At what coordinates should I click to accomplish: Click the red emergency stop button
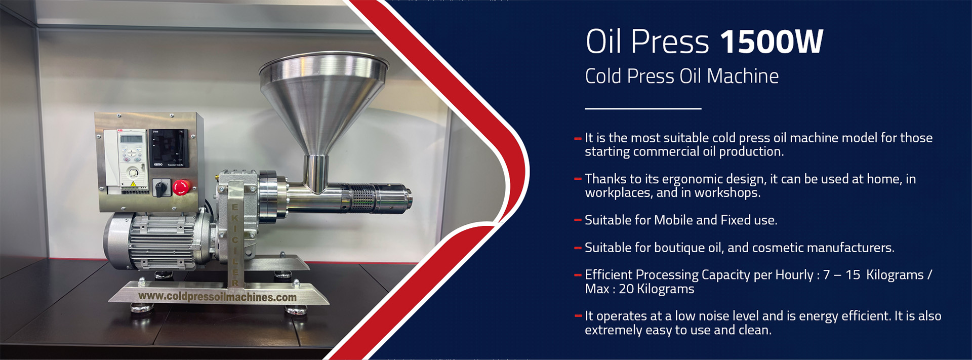pyautogui.click(x=181, y=187)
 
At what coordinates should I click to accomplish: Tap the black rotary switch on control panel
pyautogui.click(x=160, y=189)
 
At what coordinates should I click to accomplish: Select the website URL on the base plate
pyautogui.click(x=217, y=297)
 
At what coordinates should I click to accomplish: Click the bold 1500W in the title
pyautogui.click(x=771, y=42)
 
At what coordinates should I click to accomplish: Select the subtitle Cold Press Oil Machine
pyautogui.click(x=681, y=76)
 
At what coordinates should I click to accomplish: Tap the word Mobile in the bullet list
pyautogui.click(x=673, y=220)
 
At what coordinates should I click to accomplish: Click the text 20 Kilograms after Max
pyautogui.click(x=657, y=289)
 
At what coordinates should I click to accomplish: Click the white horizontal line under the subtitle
pyautogui.click(x=643, y=108)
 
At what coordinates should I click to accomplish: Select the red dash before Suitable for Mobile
pyautogui.click(x=578, y=220)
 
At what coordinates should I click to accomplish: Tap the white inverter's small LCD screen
pyautogui.click(x=131, y=139)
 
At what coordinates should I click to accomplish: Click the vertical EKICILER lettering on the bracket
pyautogui.click(x=235, y=243)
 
